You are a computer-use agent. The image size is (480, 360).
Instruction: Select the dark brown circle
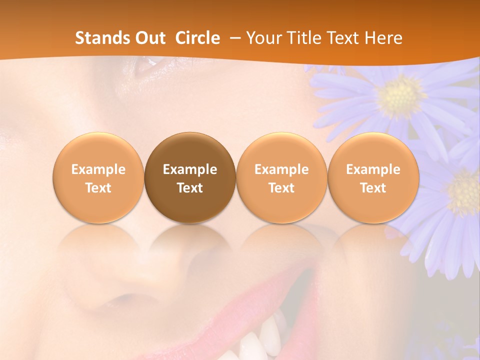(190, 178)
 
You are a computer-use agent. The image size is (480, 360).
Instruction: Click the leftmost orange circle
(98, 178)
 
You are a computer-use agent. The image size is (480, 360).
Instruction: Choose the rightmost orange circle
(373, 178)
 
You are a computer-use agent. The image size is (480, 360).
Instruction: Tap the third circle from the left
(281, 178)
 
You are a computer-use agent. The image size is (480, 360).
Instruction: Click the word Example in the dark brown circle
(190, 169)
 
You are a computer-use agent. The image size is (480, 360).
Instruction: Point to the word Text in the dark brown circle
(190, 188)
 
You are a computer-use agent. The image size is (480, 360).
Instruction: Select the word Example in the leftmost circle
(98, 169)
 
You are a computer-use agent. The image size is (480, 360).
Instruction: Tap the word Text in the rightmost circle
(373, 188)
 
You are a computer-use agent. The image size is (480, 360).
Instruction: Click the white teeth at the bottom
(262, 340)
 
